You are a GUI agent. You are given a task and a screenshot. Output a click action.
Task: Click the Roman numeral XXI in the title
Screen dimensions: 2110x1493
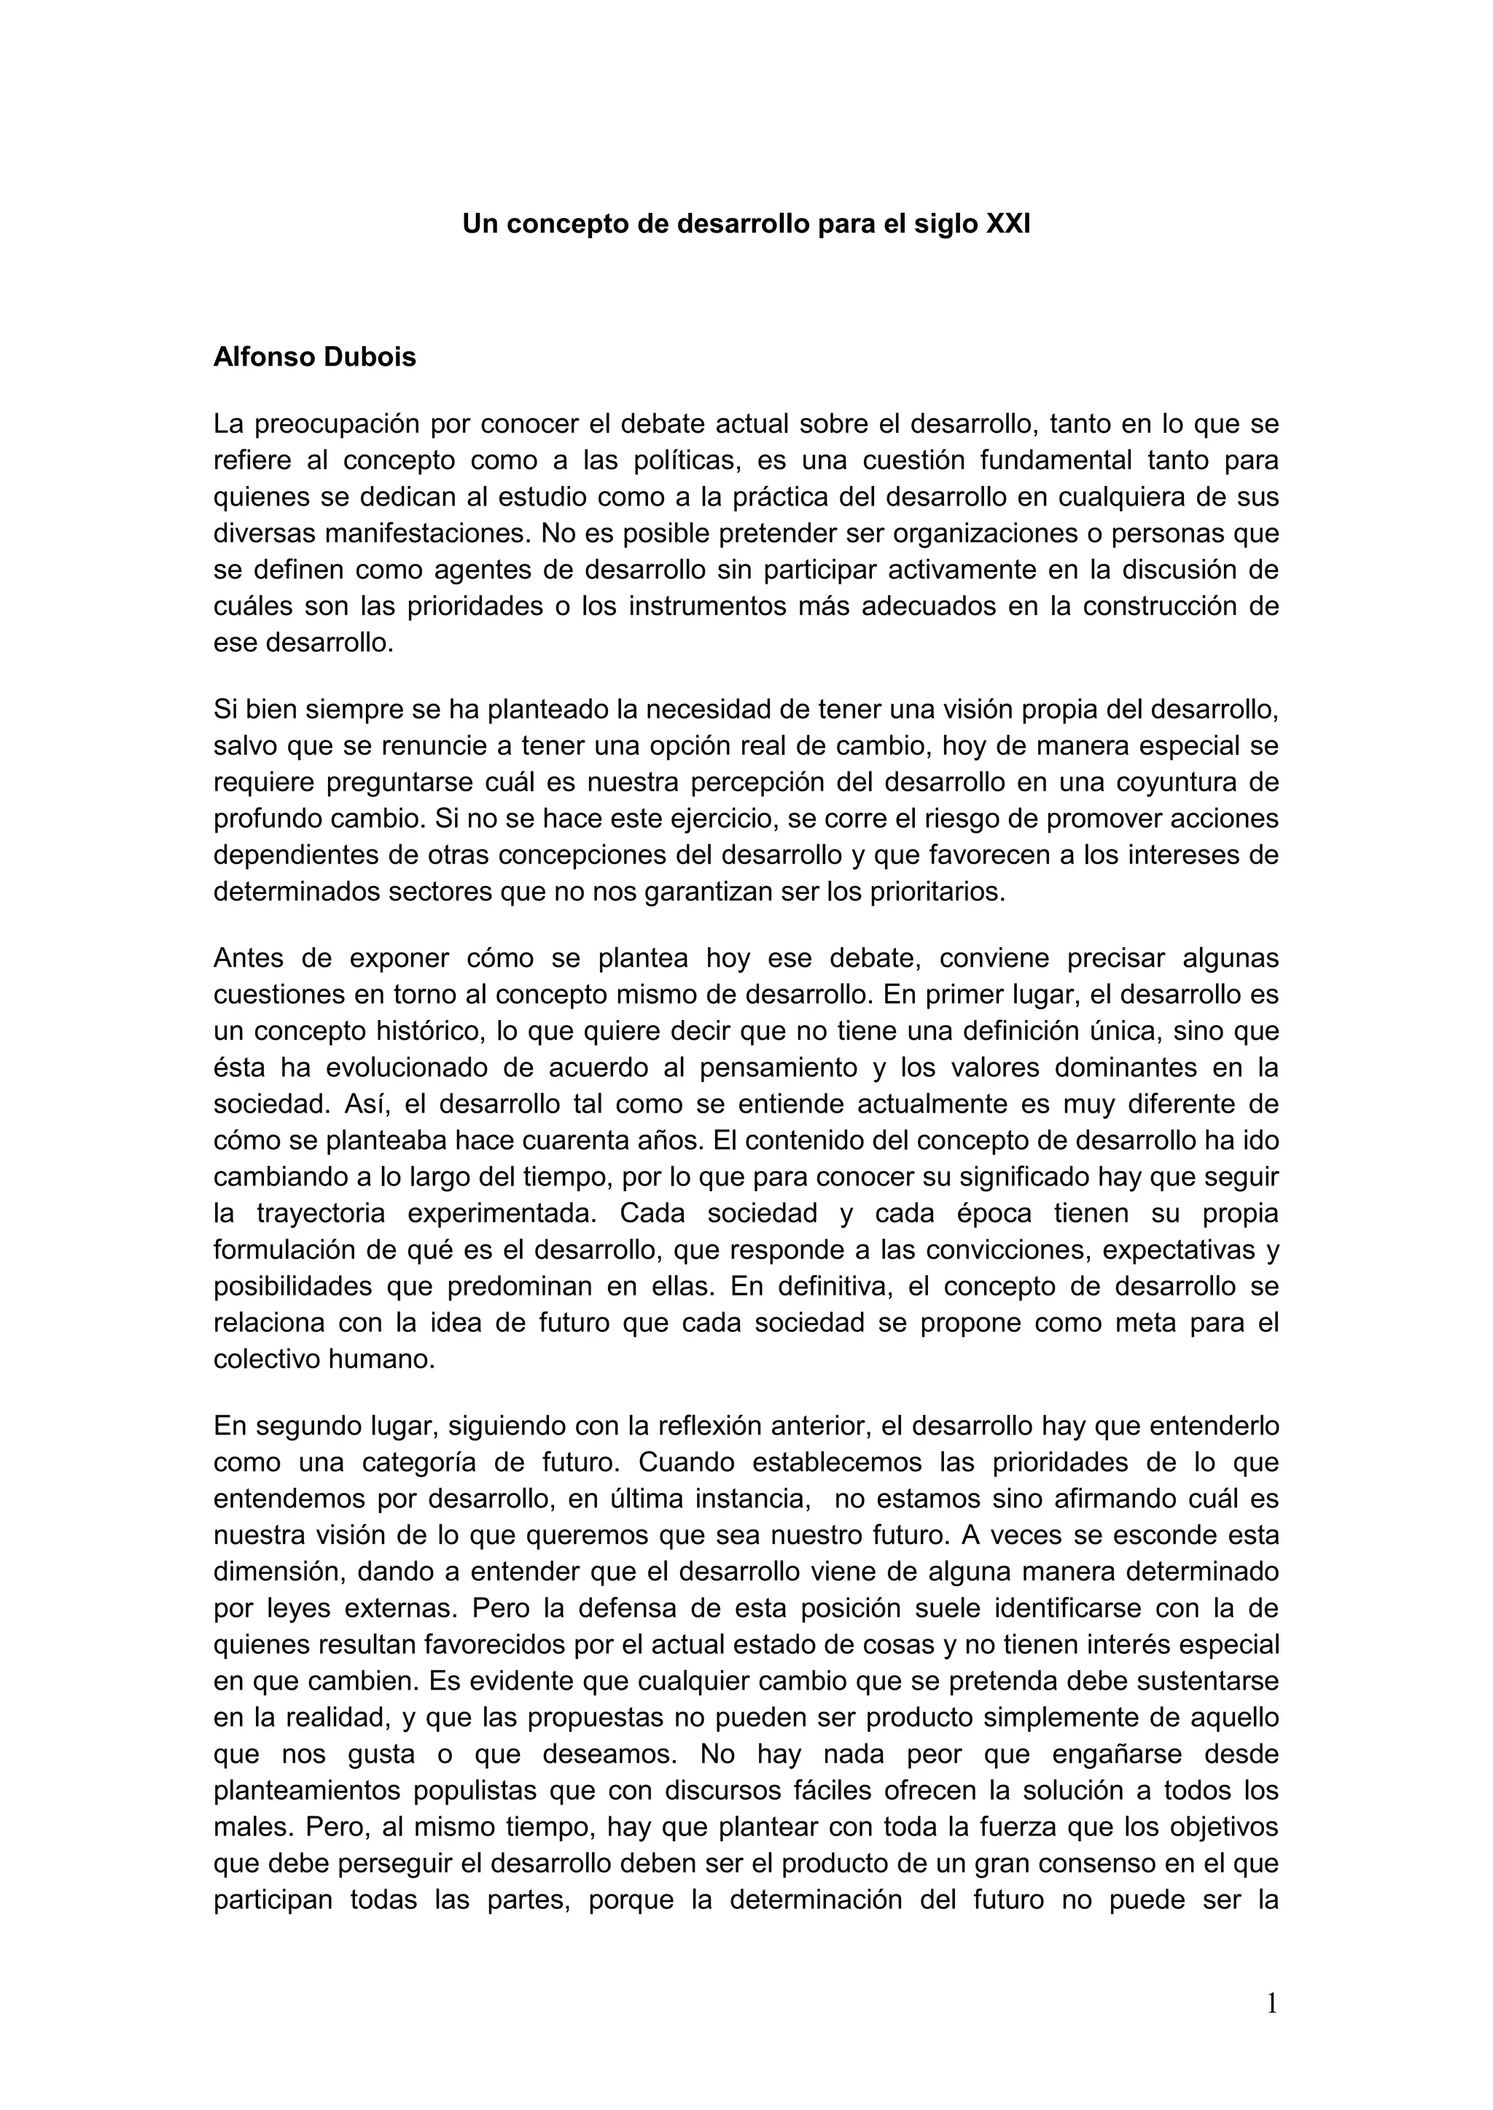(1007, 224)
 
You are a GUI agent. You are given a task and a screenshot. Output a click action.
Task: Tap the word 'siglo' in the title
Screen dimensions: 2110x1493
(945, 224)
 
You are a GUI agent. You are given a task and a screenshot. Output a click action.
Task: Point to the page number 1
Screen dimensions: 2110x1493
(1271, 2004)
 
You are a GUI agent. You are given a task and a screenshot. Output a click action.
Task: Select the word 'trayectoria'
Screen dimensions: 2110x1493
(321, 1214)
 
